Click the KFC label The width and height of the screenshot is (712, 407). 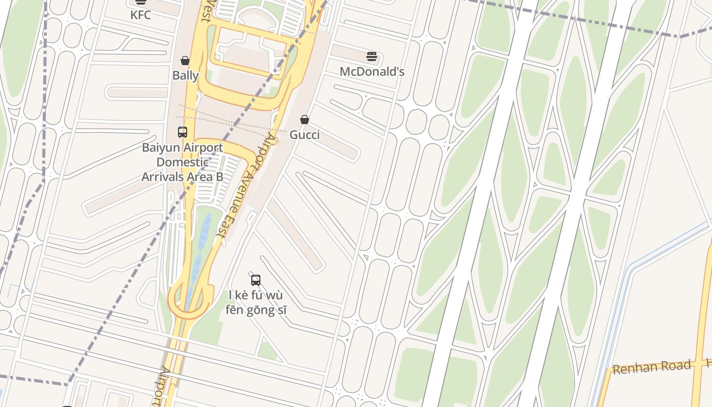pos(140,15)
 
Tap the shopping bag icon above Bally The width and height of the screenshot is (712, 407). pos(185,61)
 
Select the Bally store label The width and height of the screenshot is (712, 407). pos(186,76)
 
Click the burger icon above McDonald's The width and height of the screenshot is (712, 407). pos(372,56)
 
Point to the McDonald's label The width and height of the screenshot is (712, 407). pos(372,72)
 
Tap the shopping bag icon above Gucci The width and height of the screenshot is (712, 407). pos(304,120)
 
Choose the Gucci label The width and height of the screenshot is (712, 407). pos(305,135)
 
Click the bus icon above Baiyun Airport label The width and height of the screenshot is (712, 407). pos(183,132)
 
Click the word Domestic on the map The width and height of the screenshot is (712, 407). pos(183,162)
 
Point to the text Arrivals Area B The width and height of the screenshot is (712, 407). pos(183,177)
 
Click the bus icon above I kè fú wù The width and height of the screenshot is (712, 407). pos(256,280)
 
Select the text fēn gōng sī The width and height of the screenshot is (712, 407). pos(256,309)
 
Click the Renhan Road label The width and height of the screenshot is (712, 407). pos(651,367)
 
